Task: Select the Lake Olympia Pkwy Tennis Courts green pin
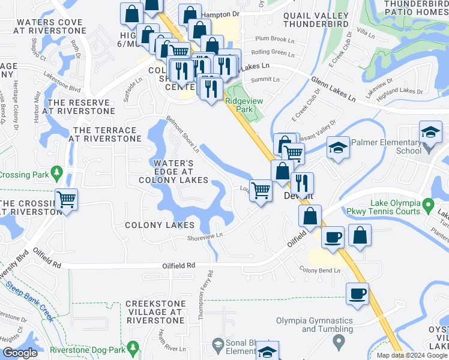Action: click(x=428, y=205)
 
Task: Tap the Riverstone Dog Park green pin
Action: click(x=133, y=346)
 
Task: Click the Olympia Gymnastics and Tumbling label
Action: click(x=327, y=325)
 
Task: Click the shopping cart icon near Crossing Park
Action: click(x=67, y=199)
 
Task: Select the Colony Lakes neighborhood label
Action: click(x=160, y=225)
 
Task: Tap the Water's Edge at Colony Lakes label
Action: click(x=173, y=172)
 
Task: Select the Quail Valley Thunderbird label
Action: click(x=315, y=20)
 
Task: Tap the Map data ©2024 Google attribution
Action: click(x=412, y=355)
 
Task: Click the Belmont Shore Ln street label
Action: click(x=182, y=133)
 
